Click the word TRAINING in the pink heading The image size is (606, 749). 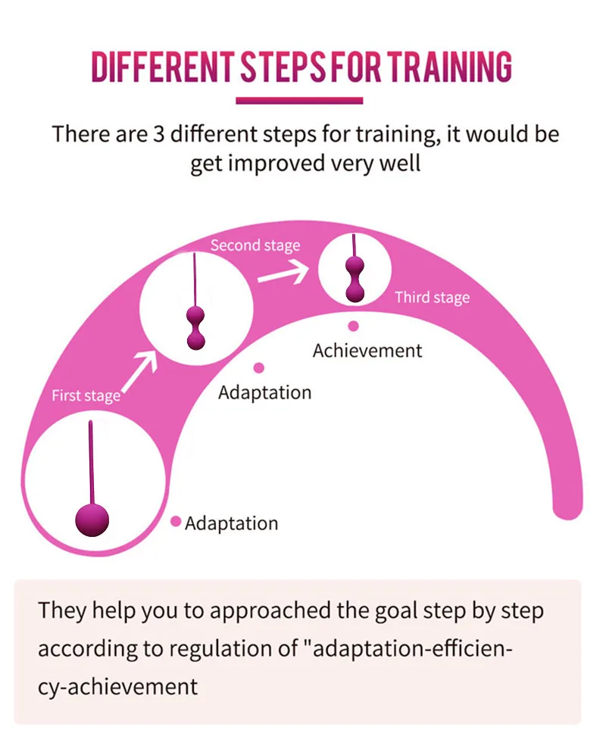pos(450,67)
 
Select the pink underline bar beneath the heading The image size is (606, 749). pos(299,100)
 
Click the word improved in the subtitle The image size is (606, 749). pos(275,164)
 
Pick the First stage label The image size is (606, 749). pos(86,395)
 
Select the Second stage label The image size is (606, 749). pos(255,245)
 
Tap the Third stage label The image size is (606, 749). pos(432,298)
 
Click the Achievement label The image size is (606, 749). pos(367,351)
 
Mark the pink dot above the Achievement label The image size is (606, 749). pos(353,326)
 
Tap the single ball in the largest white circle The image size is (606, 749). pos(92,520)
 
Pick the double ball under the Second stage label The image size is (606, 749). pos(196,328)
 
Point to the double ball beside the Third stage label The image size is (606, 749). pos(355,278)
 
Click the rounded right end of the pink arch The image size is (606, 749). pos(567,504)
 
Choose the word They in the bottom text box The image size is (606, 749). pos(62,610)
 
